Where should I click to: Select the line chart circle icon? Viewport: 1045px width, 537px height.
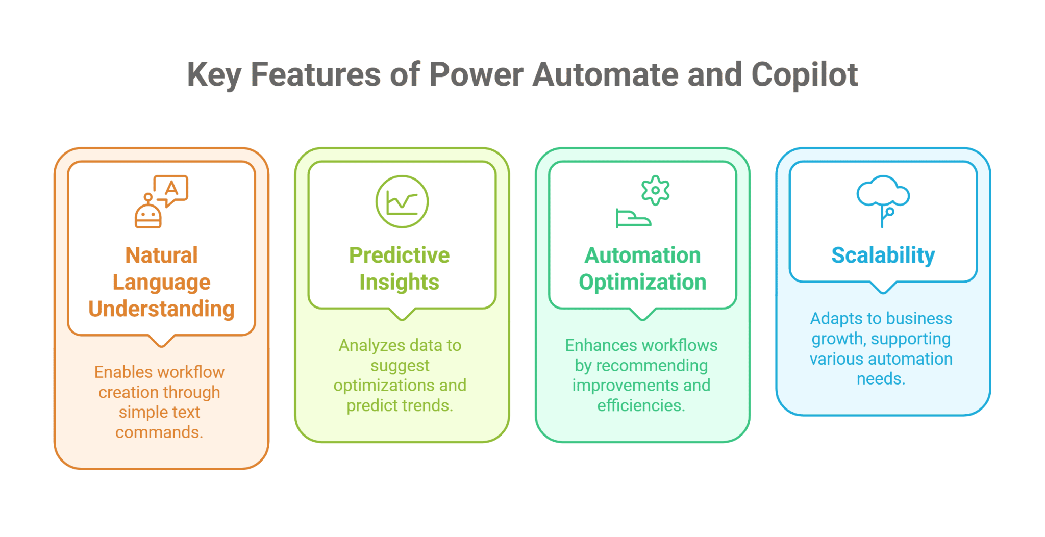[x=402, y=201]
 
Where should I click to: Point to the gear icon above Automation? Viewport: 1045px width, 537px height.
[x=655, y=190]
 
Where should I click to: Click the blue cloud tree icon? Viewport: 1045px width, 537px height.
[x=883, y=199]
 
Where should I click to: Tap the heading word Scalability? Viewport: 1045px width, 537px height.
[x=883, y=255]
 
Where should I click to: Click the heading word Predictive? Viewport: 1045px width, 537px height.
[x=399, y=255]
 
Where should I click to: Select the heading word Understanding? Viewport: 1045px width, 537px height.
[x=161, y=309]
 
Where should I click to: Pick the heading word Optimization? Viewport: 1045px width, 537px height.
[x=642, y=283]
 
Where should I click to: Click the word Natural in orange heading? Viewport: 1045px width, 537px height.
[x=161, y=255]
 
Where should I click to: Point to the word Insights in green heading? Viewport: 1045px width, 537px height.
[x=399, y=283]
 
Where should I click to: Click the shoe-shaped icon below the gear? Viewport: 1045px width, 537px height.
[x=633, y=218]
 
